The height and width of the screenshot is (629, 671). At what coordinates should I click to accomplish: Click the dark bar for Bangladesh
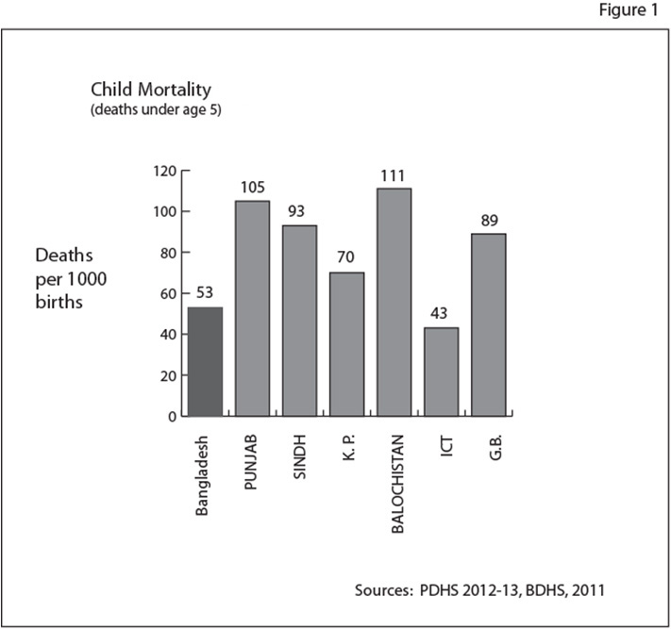[205, 361]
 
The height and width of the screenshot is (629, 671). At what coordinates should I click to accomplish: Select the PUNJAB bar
[252, 308]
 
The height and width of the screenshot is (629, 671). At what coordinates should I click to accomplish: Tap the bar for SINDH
[299, 321]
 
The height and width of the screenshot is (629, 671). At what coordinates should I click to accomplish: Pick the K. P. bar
[346, 344]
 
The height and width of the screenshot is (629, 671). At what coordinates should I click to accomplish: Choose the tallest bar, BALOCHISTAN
[394, 302]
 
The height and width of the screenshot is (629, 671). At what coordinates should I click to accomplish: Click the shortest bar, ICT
[441, 372]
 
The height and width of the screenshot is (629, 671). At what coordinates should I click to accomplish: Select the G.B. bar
[488, 324]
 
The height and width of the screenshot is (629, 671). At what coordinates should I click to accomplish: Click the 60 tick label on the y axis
[168, 293]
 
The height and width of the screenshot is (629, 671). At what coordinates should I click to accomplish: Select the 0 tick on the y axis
[172, 416]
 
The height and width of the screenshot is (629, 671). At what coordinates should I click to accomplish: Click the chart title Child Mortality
[151, 90]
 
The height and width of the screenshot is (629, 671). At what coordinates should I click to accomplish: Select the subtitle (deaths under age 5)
[156, 110]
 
